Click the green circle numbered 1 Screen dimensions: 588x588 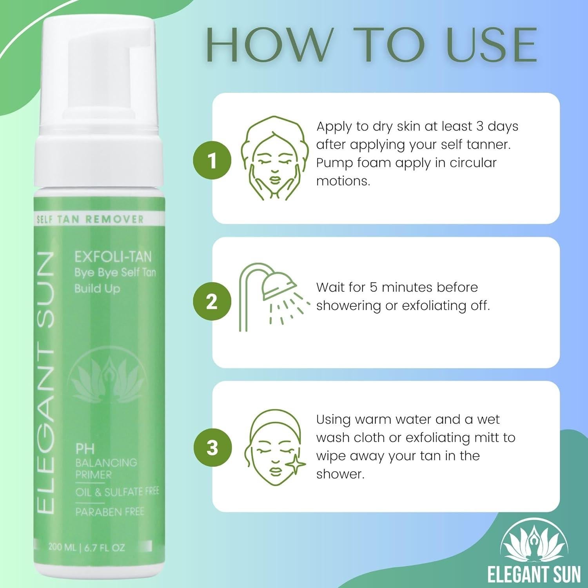[212, 160]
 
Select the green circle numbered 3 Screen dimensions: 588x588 [212, 447]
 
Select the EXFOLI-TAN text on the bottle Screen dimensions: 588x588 [113, 257]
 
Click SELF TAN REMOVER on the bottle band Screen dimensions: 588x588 [90, 219]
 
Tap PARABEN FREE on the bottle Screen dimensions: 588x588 [110, 512]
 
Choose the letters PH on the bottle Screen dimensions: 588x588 [85, 449]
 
